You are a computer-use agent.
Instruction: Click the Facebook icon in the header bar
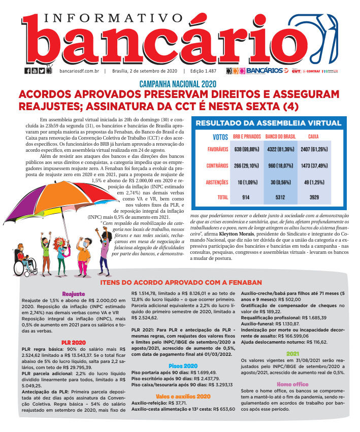[x=27, y=71]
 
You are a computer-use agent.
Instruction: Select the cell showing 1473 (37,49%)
[x=318, y=165]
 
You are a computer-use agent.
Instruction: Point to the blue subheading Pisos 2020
[x=183, y=365]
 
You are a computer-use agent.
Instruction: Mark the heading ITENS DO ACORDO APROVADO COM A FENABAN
[x=181, y=282]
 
